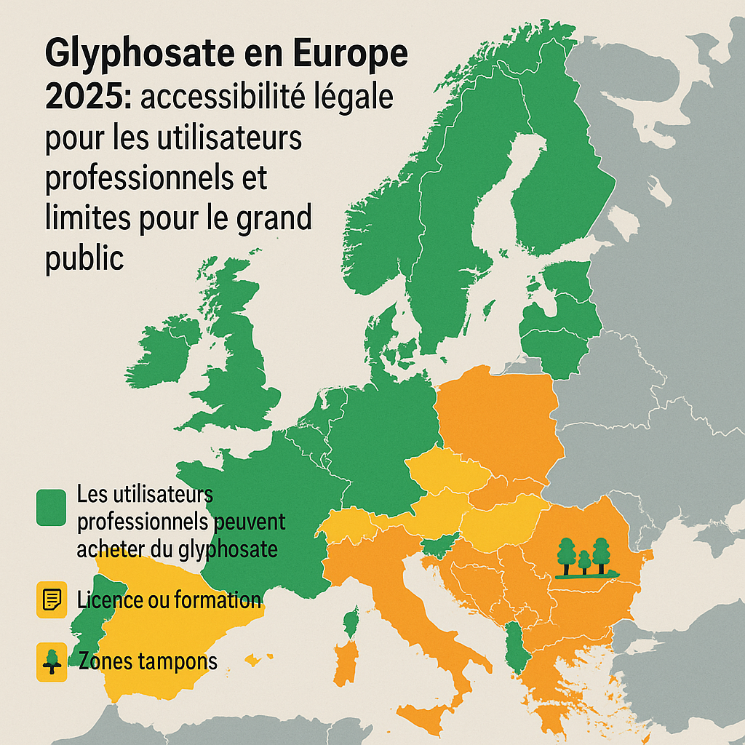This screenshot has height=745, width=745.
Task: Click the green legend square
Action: coord(51,507)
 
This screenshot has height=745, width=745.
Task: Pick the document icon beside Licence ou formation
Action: coord(51,600)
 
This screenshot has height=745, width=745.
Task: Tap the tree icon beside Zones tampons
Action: coord(51,663)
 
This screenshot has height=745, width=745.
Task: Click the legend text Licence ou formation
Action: coord(168,600)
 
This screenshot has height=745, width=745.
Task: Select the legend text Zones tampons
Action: coord(146,662)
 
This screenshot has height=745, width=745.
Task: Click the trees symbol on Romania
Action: coord(586,559)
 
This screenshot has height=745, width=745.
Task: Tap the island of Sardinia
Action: coord(348,659)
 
